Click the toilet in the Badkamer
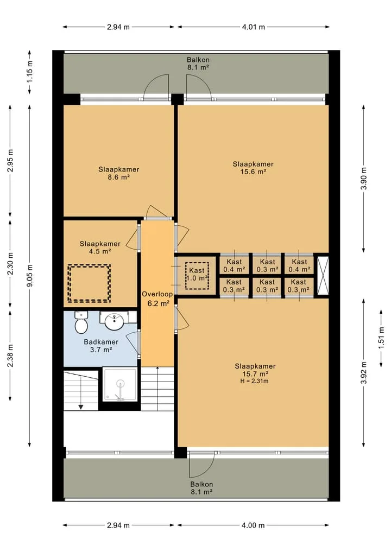(x=81, y=322)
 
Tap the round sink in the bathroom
(x=115, y=321)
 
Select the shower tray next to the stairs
(x=120, y=384)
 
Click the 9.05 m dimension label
(x=30, y=276)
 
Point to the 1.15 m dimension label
(x=30, y=72)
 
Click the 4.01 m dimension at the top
(x=253, y=27)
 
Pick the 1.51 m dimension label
(x=381, y=338)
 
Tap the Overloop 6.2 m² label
(x=157, y=299)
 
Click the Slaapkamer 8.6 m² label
(x=119, y=173)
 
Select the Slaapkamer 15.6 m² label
(x=253, y=168)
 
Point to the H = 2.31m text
(x=254, y=381)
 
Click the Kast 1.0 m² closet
(x=197, y=275)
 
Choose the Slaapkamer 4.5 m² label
(x=100, y=248)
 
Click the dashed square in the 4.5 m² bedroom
(x=89, y=283)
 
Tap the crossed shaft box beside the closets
(x=323, y=275)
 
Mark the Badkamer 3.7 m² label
(x=101, y=346)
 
